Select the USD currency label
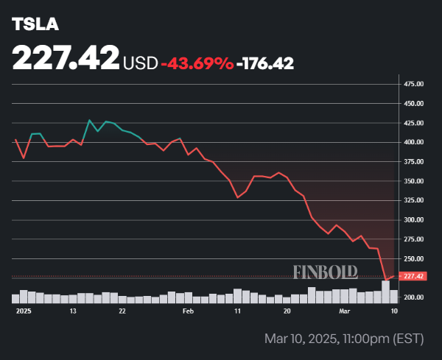[x=140, y=63]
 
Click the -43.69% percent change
[x=197, y=63]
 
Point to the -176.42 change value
[x=265, y=63]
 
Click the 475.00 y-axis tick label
[x=413, y=84]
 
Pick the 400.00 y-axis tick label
[x=413, y=142]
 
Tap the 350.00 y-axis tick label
[x=413, y=181]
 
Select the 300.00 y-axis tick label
[x=413, y=220]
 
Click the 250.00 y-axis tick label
[x=413, y=259]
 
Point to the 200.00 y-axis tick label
[x=413, y=297]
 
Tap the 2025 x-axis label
[x=24, y=311]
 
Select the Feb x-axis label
[x=188, y=311]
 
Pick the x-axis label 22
[x=122, y=311]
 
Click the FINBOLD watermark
[x=325, y=272]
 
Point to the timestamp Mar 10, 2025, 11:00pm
[x=345, y=339]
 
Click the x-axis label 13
[x=73, y=311]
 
